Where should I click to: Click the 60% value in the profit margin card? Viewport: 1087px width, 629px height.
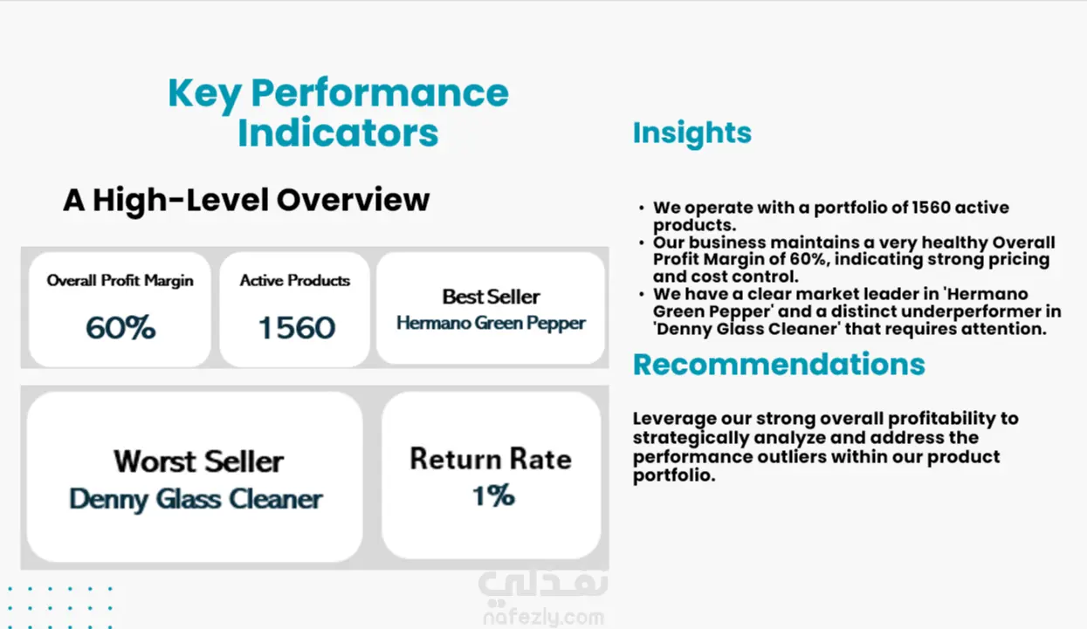(x=120, y=327)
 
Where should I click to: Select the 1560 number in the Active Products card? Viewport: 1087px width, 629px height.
(x=297, y=327)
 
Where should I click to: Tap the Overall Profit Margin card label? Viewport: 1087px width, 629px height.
(x=120, y=280)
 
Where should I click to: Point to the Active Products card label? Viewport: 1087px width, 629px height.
(x=294, y=280)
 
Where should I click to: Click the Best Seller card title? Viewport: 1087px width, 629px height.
(x=491, y=297)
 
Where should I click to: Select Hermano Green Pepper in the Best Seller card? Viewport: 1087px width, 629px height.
(x=491, y=323)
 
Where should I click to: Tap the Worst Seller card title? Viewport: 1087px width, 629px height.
(x=198, y=461)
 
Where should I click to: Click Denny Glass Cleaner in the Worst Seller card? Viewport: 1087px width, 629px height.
(x=196, y=499)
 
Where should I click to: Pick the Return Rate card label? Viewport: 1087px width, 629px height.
(x=491, y=459)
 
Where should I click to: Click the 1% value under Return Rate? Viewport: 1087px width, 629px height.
(x=493, y=496)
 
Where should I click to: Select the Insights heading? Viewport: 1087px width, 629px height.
(x=692, y=133)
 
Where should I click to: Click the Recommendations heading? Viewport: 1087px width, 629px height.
(x=779, y=364)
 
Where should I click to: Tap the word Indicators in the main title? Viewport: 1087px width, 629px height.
(x=338, y=133)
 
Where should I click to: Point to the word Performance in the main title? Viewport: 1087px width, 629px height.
(x=380, y=94)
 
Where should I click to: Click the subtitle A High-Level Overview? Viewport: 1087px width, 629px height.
(x=246, y=201)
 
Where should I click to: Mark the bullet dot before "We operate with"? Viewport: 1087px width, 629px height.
(x=642, y=208)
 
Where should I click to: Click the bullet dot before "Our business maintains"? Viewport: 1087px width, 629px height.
(x=642, y=243)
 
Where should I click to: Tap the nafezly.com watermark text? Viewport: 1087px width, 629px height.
(x=543, y=618)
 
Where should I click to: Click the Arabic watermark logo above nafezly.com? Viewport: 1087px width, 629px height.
(x=542, y=587)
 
